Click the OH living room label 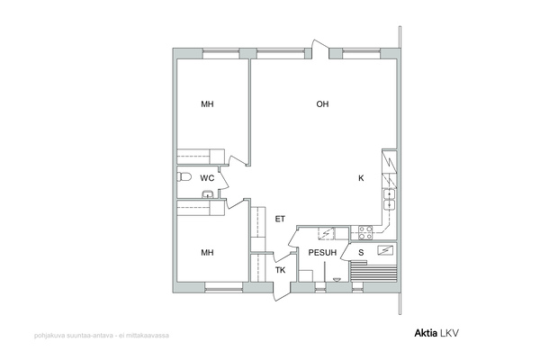(x=322, y=104)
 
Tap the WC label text (x=207, y=178)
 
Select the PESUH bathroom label (x=322, y=253)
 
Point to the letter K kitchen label (x=361, y=178)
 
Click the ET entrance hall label (x=280, y=219)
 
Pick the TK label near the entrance (x=280, y=270)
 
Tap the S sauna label (x=361, y=253)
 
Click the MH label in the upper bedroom (x=207, y=104)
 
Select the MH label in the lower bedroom (x=207, y=253)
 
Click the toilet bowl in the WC (x=184, y=176)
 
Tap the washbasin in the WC (x=207, y=194)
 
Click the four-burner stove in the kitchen (x=365, y=232)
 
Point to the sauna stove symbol (x=385, y=250)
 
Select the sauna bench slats (x=373, y=272)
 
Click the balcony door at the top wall (x=320, y=49)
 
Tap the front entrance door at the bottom (x=282, y=292)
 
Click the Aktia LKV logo (x=436, y=333)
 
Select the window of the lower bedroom (x=224, y=287)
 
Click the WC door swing (x=223, y=179)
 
